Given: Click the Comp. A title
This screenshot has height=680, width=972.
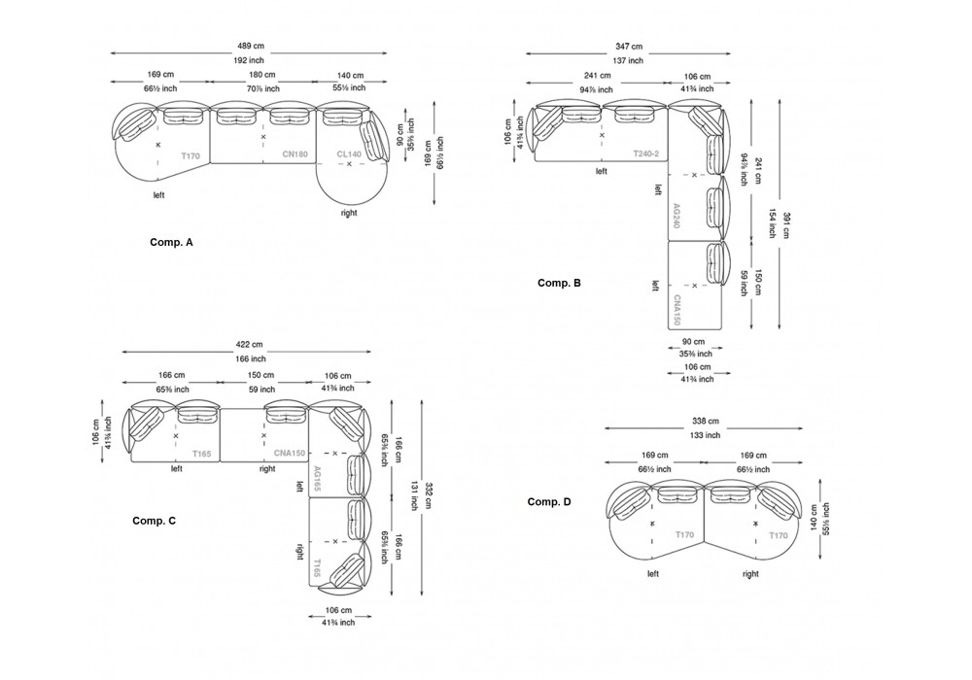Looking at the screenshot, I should (x=171, y=242).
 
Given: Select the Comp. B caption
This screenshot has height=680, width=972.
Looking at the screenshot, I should (x=559, y=283).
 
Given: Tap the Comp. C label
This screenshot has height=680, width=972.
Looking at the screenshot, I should (x=154, y=521).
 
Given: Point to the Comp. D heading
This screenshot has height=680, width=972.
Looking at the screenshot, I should (x=549, y=501).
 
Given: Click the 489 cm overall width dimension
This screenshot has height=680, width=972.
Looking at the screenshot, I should (x=251, y=45).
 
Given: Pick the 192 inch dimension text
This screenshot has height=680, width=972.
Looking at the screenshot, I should (x=251, y=60).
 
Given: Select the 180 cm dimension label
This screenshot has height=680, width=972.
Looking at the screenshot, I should (x=261, y=75).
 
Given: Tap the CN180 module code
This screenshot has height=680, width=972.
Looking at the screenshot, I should (x=295, y=153).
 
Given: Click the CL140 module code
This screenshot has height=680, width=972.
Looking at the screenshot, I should (x=349, y=153).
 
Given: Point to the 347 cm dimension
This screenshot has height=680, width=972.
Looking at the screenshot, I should (x=629, y=46).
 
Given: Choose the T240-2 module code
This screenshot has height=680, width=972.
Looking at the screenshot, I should (x=645, y=153).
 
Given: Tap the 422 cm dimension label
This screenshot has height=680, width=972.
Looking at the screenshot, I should (x=250, y=344).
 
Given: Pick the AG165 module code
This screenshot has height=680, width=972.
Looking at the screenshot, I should (x=317, y=478).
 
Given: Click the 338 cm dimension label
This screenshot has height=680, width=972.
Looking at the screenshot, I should (x=706, y=421).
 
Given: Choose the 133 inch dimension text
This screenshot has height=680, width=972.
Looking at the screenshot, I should (x=706, y=435).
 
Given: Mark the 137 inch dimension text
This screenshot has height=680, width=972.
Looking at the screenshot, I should (x=629, y=60).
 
